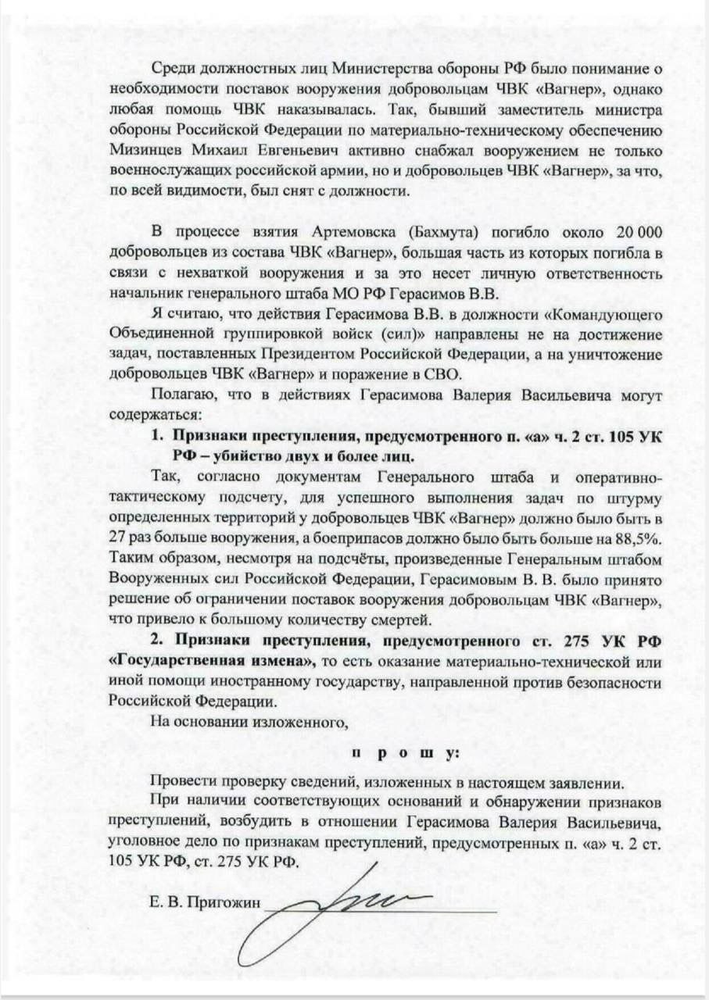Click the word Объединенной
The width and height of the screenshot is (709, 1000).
(159, 335)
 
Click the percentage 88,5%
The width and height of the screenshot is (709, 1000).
(636, 539)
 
